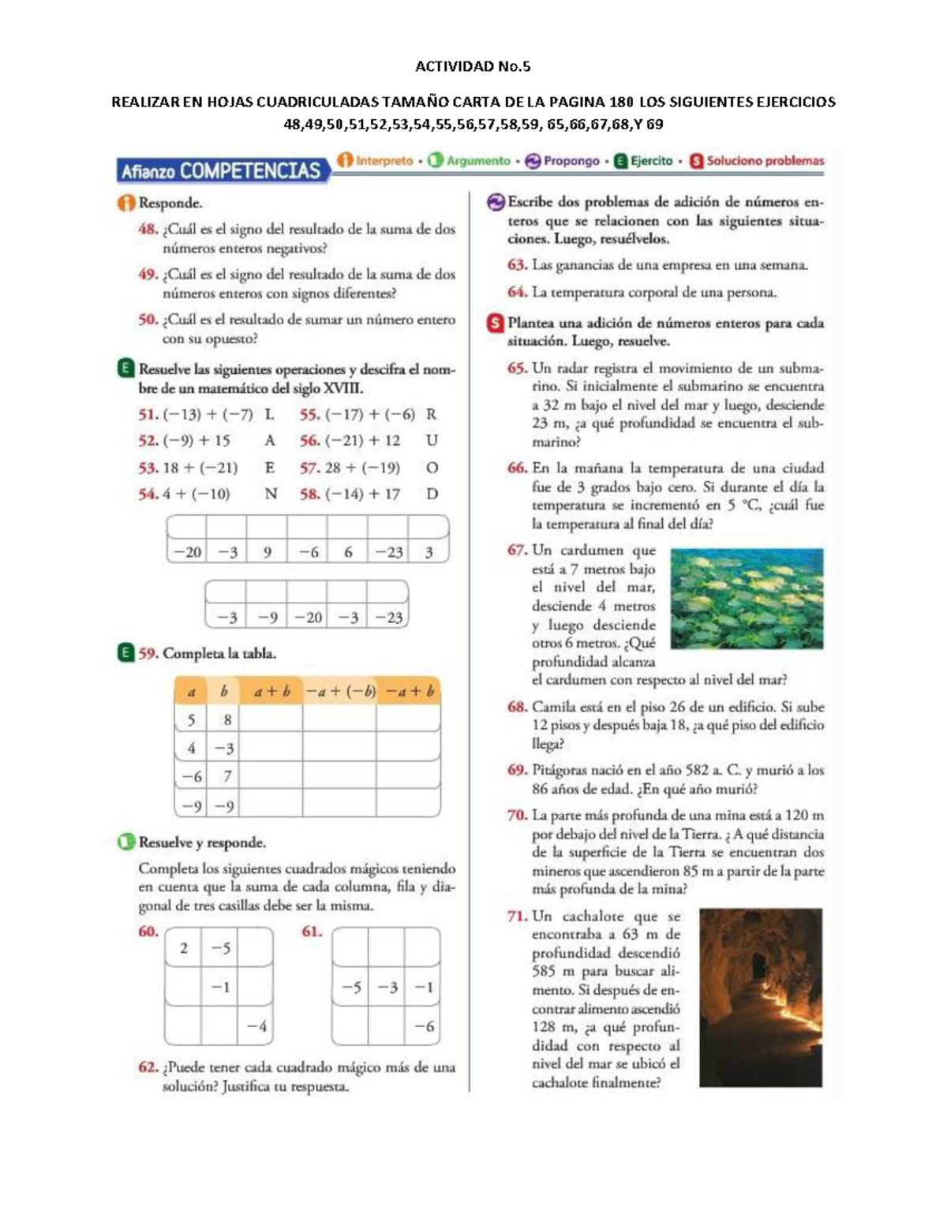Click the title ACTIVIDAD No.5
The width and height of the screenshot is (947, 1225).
[473, 66]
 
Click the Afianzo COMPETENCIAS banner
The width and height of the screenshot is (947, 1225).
[221, 170]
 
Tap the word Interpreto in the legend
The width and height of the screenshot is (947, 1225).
[384, 161]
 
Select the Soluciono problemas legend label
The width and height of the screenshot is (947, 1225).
[765, 161]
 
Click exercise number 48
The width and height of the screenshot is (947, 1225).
[148, 230]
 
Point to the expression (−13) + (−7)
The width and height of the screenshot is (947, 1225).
[208, 414]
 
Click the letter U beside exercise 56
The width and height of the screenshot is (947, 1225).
[432, 441]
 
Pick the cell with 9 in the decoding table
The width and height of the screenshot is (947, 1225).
[268, 552]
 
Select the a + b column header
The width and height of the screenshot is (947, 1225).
[271, 692]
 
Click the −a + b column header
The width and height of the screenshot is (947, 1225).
[409, 692]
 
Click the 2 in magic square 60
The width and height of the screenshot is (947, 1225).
[184, 947]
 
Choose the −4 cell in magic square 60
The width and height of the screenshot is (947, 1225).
[256, 1026]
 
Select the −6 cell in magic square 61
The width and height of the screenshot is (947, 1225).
[424, 1026]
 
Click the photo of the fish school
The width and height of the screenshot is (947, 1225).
[746, 599]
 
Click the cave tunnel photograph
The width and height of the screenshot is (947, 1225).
[760, 997]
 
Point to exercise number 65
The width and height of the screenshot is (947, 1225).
[517, 368]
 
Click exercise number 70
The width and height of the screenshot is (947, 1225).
[517, 816]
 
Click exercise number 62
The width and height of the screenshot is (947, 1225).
[148, 1067]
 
